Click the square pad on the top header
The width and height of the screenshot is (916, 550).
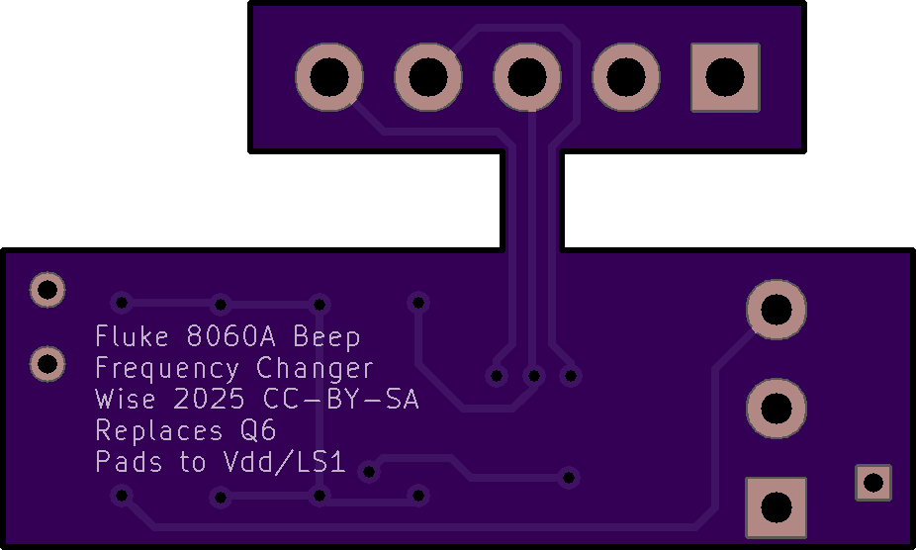[x=725, y=77]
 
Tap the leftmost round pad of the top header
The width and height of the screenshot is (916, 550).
[x=329, y=77]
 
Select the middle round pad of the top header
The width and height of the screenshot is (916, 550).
[x=527, y=77]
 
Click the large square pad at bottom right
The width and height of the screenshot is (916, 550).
[x=776, y=507]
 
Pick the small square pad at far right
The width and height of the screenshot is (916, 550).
[x=872, y=482]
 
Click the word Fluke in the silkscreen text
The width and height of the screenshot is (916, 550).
[x=132, y=336]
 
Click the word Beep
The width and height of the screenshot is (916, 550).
[x=326, y=336]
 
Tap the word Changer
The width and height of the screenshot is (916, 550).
[x=315, y=369]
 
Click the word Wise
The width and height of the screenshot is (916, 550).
[x=126, y=401]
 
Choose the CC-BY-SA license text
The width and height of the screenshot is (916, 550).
[x=340, y=401]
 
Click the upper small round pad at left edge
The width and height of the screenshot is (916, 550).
[x=47, y=290]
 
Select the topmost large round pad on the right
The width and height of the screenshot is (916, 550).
[x=776, y=310]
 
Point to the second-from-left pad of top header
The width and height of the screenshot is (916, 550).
[x=428, y=77]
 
